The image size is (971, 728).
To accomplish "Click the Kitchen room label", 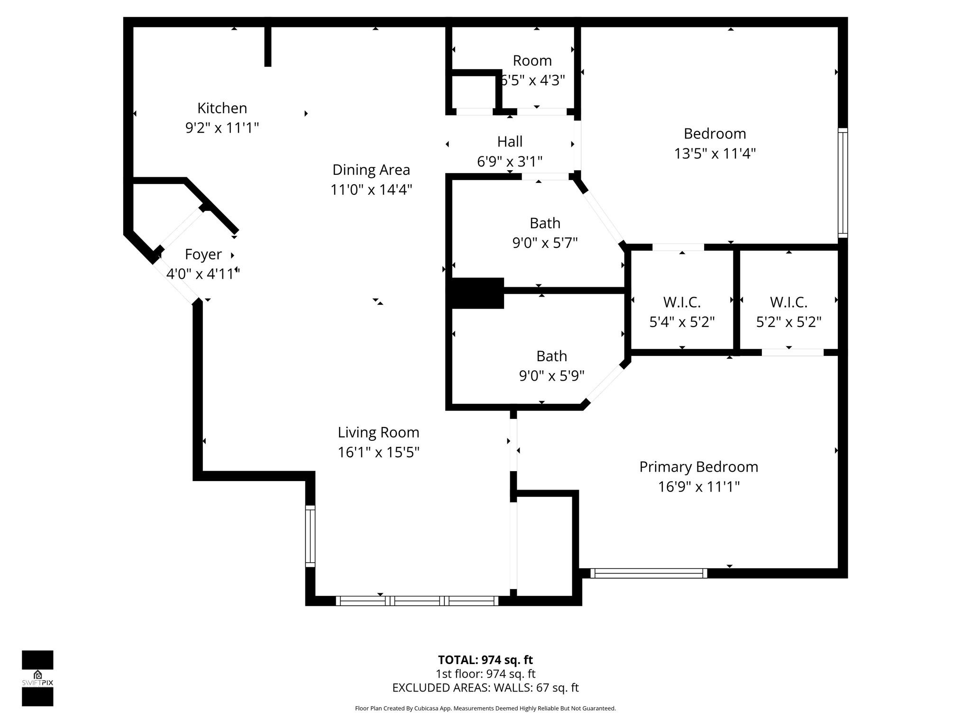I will click(222, 109).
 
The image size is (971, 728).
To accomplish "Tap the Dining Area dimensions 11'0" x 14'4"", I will click(371, 190).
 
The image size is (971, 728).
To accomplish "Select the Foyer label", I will click(203, 255).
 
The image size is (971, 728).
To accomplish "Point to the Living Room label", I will click(378, 432).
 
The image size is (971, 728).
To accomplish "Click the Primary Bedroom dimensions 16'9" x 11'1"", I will click(698, 487).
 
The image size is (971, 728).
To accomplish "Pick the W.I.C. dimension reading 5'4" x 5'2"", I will click(682, 322).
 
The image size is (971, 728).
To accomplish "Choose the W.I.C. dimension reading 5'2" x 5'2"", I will click(788, 322).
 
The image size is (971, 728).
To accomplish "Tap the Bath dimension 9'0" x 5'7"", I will click(545, 243).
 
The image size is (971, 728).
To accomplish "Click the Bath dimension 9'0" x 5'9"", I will click(551, 376).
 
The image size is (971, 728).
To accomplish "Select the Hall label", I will click(510, 142).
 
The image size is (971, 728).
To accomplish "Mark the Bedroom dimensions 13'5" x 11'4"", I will click(715, 154).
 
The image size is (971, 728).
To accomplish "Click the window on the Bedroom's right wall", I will click(843, 182).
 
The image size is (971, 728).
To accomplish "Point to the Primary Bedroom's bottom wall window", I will click(649, 573).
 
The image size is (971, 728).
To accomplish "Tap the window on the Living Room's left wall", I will click(310, 536).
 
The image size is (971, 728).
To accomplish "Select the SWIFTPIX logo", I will click(37, 678).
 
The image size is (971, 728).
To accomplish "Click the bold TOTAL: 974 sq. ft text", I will click(485, 660).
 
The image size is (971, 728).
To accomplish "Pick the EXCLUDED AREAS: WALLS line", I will click(485, 688).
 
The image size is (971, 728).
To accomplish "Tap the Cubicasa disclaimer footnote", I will click(485, 709).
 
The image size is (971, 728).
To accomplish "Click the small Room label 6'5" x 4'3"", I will click(532, 71).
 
